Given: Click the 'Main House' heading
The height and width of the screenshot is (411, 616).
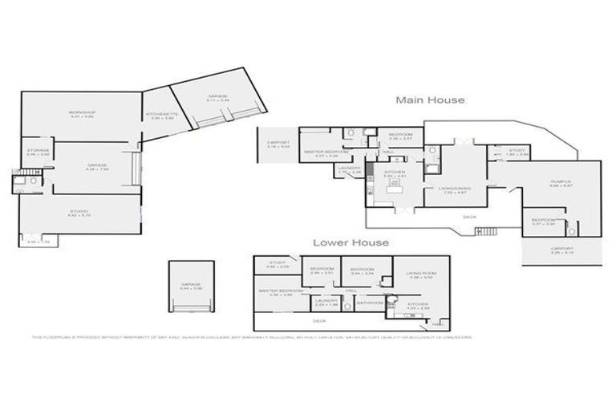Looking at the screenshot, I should (x=429, y=100).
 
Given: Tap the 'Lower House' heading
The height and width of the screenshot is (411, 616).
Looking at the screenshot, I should (x=351, y=242).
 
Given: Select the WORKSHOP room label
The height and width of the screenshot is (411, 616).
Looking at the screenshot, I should (x=82, y=112).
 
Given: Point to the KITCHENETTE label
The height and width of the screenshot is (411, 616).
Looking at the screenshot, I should (x=156, y=116).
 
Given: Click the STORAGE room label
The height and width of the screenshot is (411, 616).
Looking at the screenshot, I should (x=38, y=151).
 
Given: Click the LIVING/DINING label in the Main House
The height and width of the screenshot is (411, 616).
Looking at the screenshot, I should (x=453, y=189).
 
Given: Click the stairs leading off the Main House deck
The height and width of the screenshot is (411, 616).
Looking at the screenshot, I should (x=486, y=232).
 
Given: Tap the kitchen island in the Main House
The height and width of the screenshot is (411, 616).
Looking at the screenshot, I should (x=395, y=190).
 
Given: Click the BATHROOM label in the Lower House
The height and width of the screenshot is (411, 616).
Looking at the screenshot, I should (x=370, y=303).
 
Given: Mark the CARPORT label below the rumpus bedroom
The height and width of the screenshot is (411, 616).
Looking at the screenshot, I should (x=561, y=250).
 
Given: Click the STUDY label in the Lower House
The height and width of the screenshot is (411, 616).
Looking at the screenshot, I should (x=278, y=263).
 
